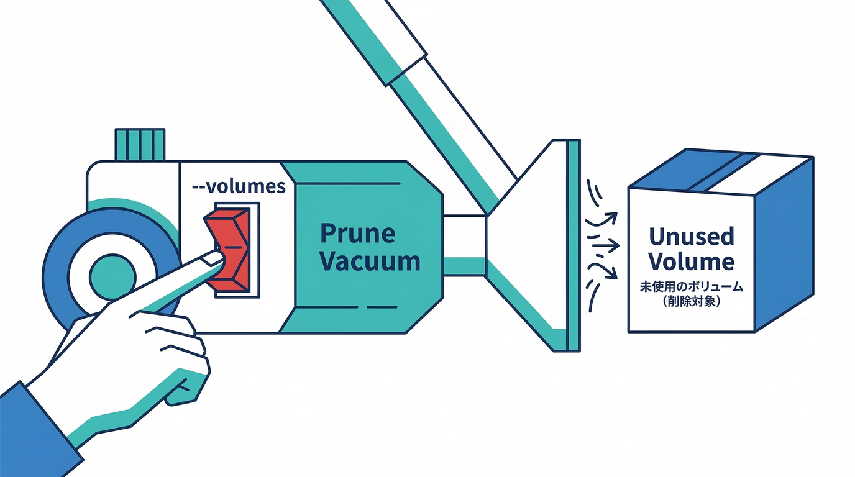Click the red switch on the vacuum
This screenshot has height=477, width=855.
231,248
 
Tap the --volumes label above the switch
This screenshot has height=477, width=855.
240,186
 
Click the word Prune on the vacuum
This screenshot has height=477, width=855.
357,234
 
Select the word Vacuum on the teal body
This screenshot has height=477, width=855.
371,261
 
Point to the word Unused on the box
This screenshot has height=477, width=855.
691,236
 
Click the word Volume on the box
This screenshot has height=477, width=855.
691,261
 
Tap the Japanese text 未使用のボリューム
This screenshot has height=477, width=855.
691,288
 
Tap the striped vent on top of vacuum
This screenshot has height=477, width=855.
140,144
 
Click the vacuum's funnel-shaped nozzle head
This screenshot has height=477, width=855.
534,242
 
